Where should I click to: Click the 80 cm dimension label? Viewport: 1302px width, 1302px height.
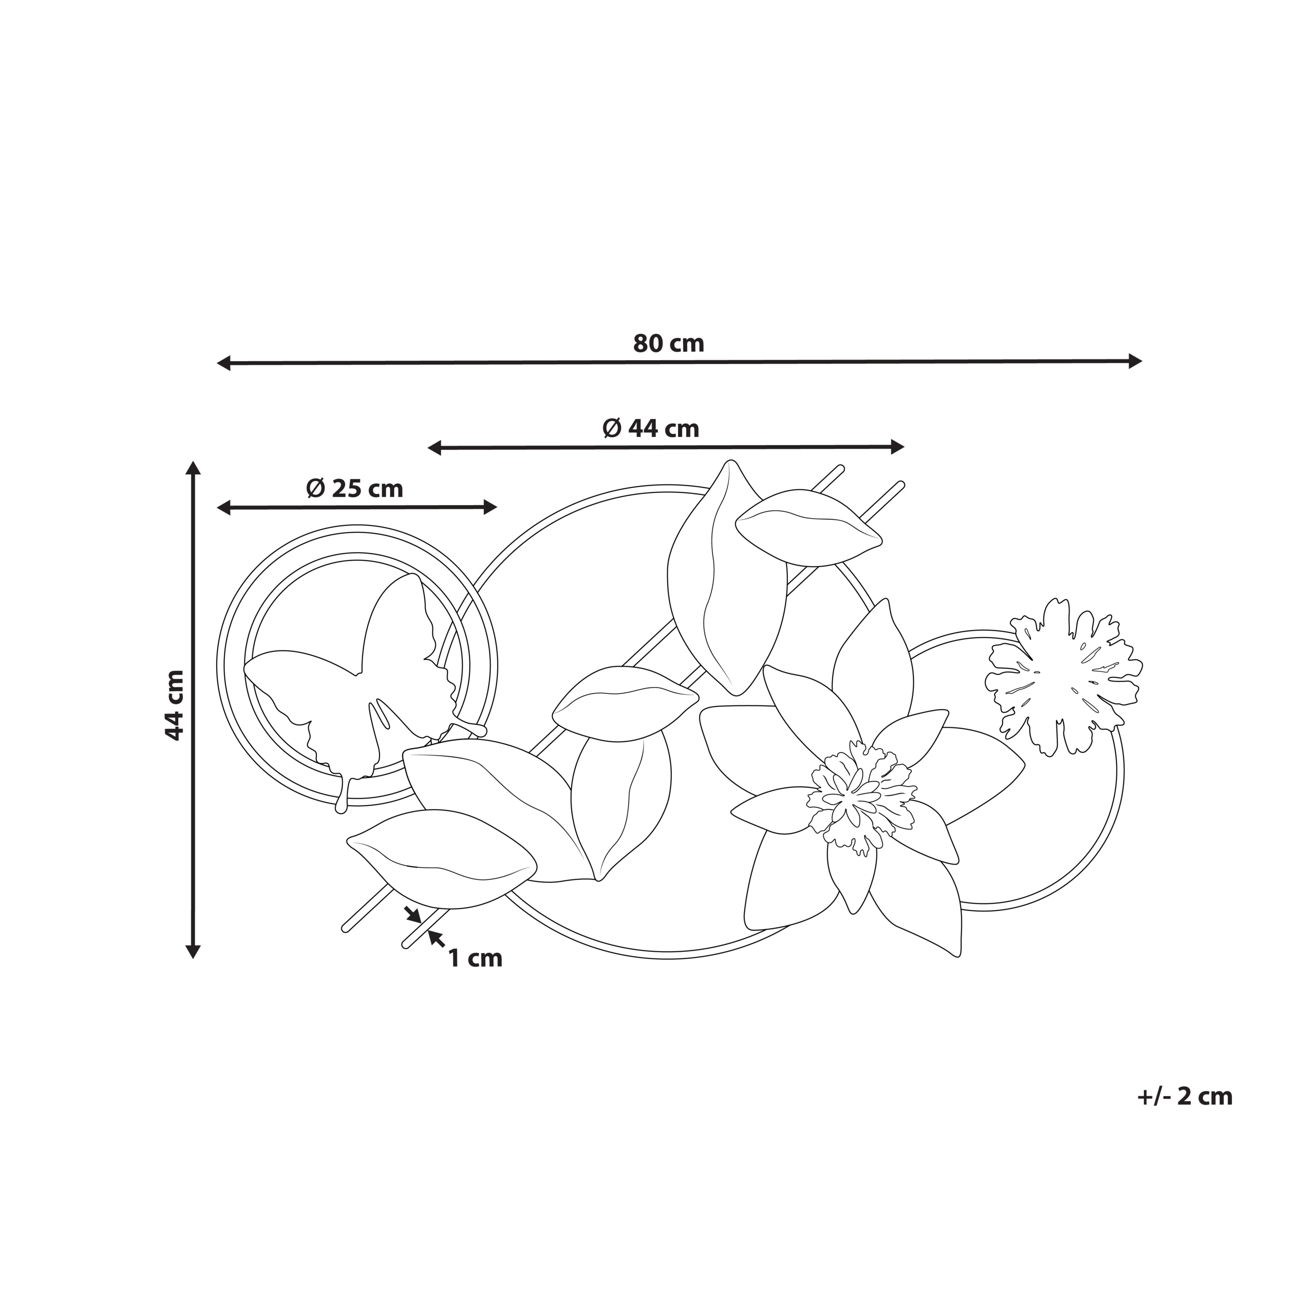coord(668,344)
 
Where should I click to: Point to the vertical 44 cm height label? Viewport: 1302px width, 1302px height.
coord(174,705)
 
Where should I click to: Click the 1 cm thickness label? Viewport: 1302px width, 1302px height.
coord(476,958)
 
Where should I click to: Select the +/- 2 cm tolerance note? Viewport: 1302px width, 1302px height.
coord(1185,1097)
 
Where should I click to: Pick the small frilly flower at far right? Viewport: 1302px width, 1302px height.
coord(1063,676)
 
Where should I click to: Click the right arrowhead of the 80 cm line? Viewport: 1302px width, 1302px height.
coord(1135,361)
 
